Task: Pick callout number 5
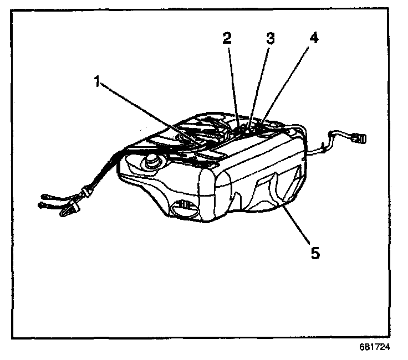[x=314, y=253]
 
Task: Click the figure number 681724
[x=374, y=349]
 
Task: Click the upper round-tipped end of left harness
[x=46, y=196]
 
